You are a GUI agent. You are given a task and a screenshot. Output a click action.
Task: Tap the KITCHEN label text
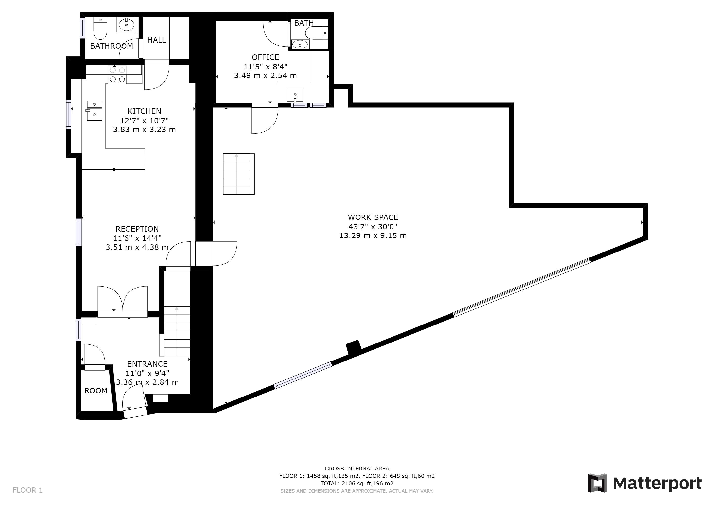click(144, 111)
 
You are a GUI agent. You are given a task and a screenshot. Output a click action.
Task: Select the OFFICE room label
click(265, 57)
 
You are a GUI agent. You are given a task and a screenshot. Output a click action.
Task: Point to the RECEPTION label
click(137, 229)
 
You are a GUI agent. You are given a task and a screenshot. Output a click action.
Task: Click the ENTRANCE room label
click(147, 364)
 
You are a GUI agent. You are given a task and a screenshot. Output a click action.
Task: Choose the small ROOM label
click(96, 391)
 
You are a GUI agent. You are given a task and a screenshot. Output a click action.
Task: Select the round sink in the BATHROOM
click(126, 24)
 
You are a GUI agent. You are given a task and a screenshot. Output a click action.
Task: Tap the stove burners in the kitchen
click(118, 75)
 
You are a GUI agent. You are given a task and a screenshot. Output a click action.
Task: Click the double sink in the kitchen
click(94, 110)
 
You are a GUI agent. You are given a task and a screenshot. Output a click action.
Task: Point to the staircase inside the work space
click(238, 174)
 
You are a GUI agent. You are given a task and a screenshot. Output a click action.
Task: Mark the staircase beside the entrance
click(177, 331)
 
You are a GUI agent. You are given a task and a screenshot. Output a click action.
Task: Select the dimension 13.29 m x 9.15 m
click(373, 236)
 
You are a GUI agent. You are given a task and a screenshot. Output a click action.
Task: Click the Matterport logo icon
click(597, 483)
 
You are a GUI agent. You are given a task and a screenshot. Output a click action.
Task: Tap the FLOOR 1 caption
click(28, 490)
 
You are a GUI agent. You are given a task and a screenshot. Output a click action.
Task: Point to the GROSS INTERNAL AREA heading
click(357, 469)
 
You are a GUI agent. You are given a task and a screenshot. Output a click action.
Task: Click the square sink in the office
click(295, 94)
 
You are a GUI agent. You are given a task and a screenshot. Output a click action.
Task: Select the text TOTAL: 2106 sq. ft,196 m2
click(357, 484)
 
